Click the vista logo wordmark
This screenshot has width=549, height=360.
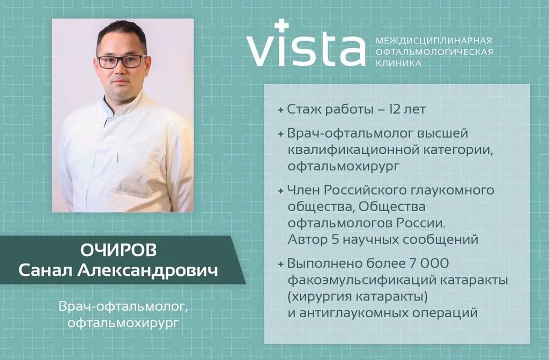(x=306, y=49)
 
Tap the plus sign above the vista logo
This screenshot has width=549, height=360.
(x=281, y=25)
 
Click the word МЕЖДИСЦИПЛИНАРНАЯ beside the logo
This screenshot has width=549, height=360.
(x=434, y=41)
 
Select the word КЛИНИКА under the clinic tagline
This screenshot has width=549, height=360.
(x=398, y=63)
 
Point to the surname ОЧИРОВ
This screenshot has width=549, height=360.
(x=118, y=251)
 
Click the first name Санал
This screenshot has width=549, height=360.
(x=46, y=270)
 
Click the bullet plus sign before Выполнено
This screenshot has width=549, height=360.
(x=281, y=264)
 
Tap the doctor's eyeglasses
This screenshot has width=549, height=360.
(x=121, y=61)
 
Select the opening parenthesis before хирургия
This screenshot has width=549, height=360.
(x=290, y=297)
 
